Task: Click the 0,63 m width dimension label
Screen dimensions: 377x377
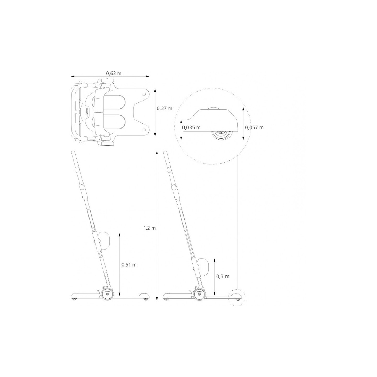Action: click(114, 73)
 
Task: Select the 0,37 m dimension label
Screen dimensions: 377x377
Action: click(164, 108)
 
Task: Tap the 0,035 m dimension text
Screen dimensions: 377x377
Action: click(191, 127)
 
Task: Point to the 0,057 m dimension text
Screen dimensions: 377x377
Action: click(254, 127)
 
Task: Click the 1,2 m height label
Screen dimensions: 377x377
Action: click(150, 228)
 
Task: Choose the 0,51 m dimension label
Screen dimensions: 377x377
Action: click(129, 265)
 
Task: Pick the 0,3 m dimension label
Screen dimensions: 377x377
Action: click(223, 276)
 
